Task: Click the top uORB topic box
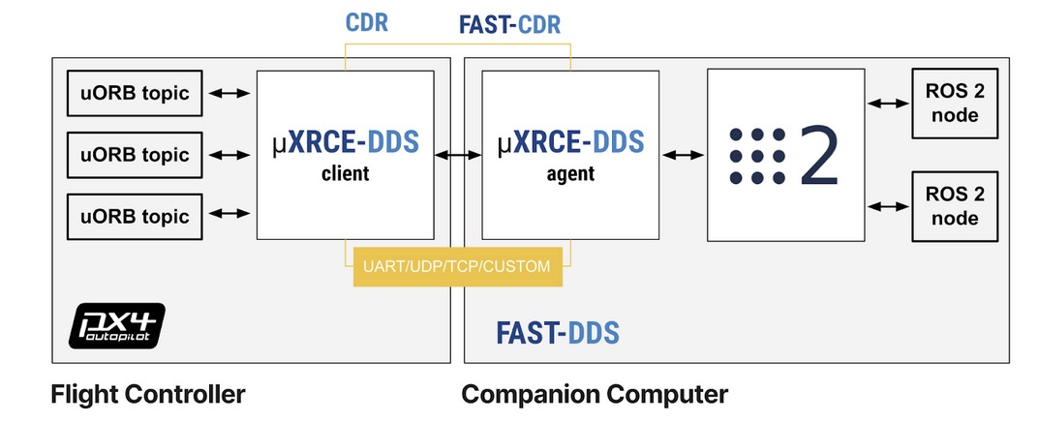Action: [134, 94]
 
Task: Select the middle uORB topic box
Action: [134, 154]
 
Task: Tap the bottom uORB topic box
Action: [134, 214]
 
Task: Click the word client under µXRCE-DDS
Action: [346, 175]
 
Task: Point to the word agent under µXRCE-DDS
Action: [570, 175]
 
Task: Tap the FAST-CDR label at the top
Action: [509, 22]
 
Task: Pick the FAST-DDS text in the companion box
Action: [557, 334]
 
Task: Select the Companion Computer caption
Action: [595, 395]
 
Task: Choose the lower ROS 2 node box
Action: [951, 206]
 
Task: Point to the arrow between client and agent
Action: [458, 154]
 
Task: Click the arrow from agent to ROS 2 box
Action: [684, 154]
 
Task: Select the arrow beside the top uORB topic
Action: [230, 94]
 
